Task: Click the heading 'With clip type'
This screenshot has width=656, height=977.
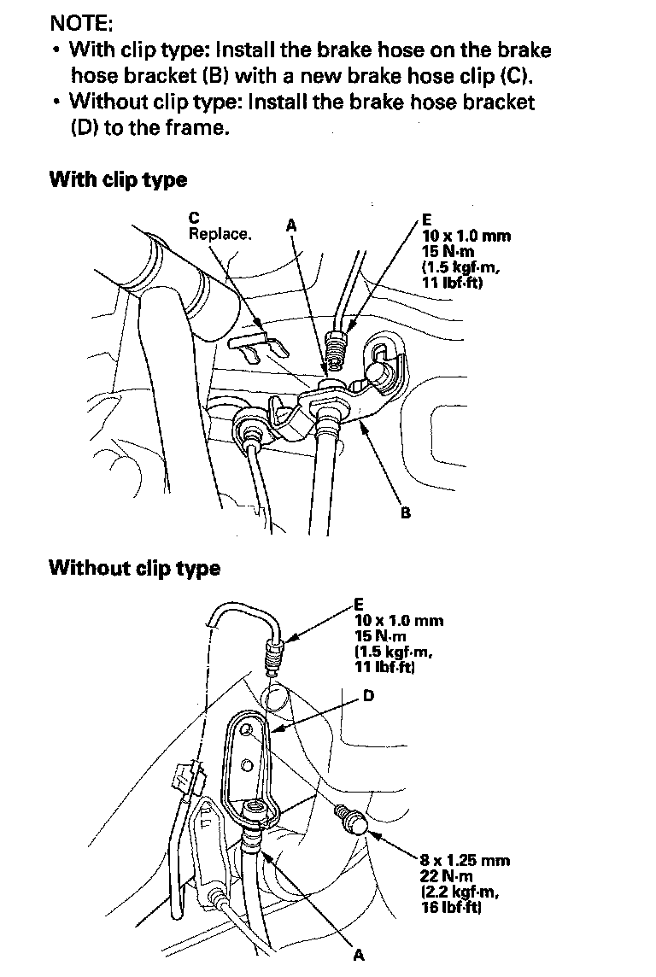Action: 118,180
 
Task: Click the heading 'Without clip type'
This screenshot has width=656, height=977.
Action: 135,568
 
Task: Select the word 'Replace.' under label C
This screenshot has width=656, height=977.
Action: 220,234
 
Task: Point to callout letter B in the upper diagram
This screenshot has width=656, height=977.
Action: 406,513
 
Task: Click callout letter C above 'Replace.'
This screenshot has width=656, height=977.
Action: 194,219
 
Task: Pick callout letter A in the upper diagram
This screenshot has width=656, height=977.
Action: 291,225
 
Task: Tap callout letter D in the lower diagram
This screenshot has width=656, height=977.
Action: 368,697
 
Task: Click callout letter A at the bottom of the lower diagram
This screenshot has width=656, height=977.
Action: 359,955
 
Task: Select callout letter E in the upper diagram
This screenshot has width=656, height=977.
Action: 426,219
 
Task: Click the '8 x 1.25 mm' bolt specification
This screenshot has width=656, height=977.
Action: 465,860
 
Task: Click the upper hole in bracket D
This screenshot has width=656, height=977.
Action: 246,730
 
